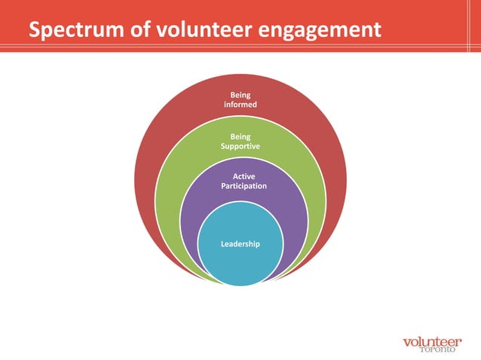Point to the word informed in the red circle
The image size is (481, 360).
240,105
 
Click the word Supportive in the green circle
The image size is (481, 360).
240,146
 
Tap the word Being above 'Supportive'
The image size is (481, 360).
240,136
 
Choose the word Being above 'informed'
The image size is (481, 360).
240,95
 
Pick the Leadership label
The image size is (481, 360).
240,244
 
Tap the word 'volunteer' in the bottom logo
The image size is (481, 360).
432,340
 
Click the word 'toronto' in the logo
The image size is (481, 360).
438,350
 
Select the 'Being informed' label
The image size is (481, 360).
240,99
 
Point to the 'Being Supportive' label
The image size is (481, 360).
240,142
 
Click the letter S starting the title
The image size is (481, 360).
35,31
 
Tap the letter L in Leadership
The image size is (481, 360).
222,244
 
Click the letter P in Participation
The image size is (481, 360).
222,185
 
